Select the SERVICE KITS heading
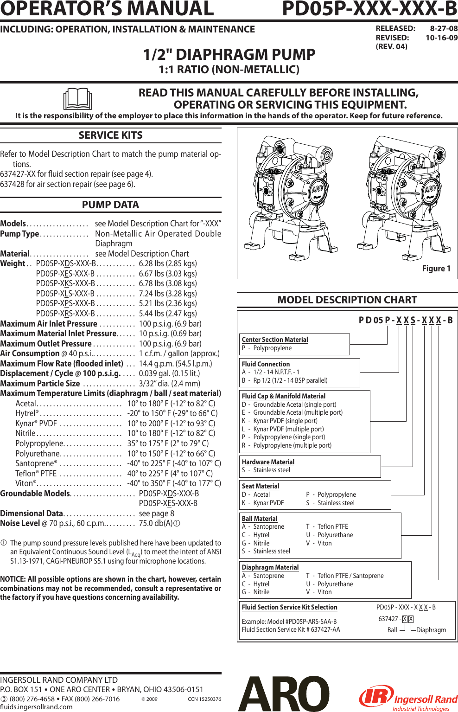click(x=110, y=135)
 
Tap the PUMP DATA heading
click(x=110, y=205)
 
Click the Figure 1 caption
click(x=436, y=269)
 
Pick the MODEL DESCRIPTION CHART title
click(x=347, y=300)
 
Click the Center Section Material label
click(x=275, y=340)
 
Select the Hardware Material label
click(x=268, y=462)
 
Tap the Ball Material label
click(x=260, y=519)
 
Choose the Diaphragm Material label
click(x=270, y=567)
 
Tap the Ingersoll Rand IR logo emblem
click(x=375, y=697)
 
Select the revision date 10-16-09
click(x=441, y=38)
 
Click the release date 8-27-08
click(x=444, y=28)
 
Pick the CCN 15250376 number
click(x=204, y=699)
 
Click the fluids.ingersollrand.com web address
click(x=36, y=707)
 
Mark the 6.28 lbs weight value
click(x=168, y=263)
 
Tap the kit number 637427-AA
click(x=325, y=629)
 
